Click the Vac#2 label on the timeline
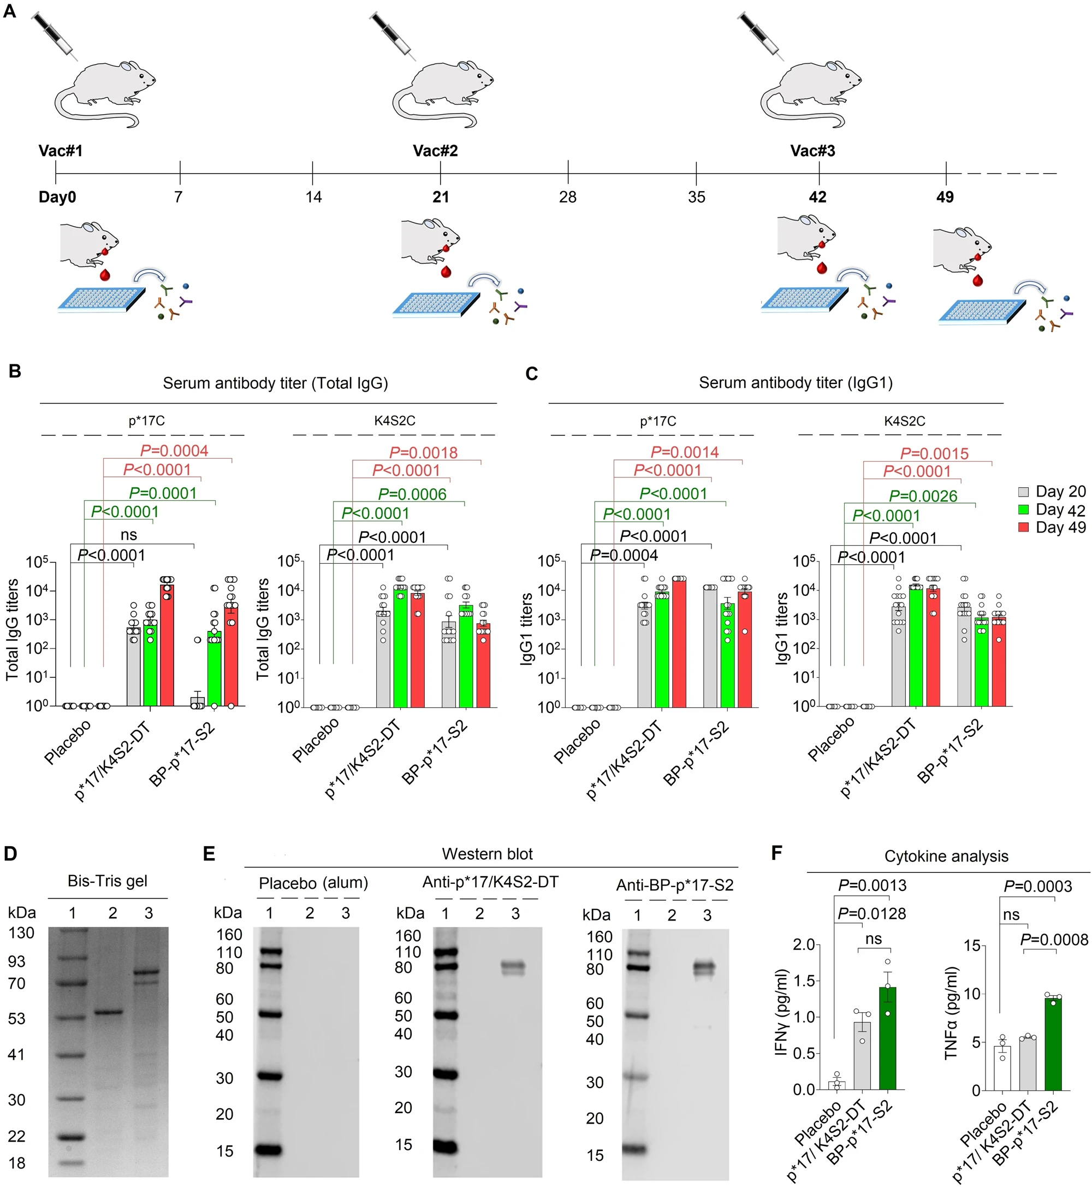435,151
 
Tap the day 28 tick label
567,197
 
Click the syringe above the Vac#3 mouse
762,36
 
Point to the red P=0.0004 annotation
174,451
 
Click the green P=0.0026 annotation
923,496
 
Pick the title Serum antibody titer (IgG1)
796,383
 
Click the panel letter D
10,854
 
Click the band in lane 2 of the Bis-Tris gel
109,1012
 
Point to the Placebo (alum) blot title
313,883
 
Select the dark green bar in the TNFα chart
1053,1045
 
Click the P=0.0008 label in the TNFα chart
1054,940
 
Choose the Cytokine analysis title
946,857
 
